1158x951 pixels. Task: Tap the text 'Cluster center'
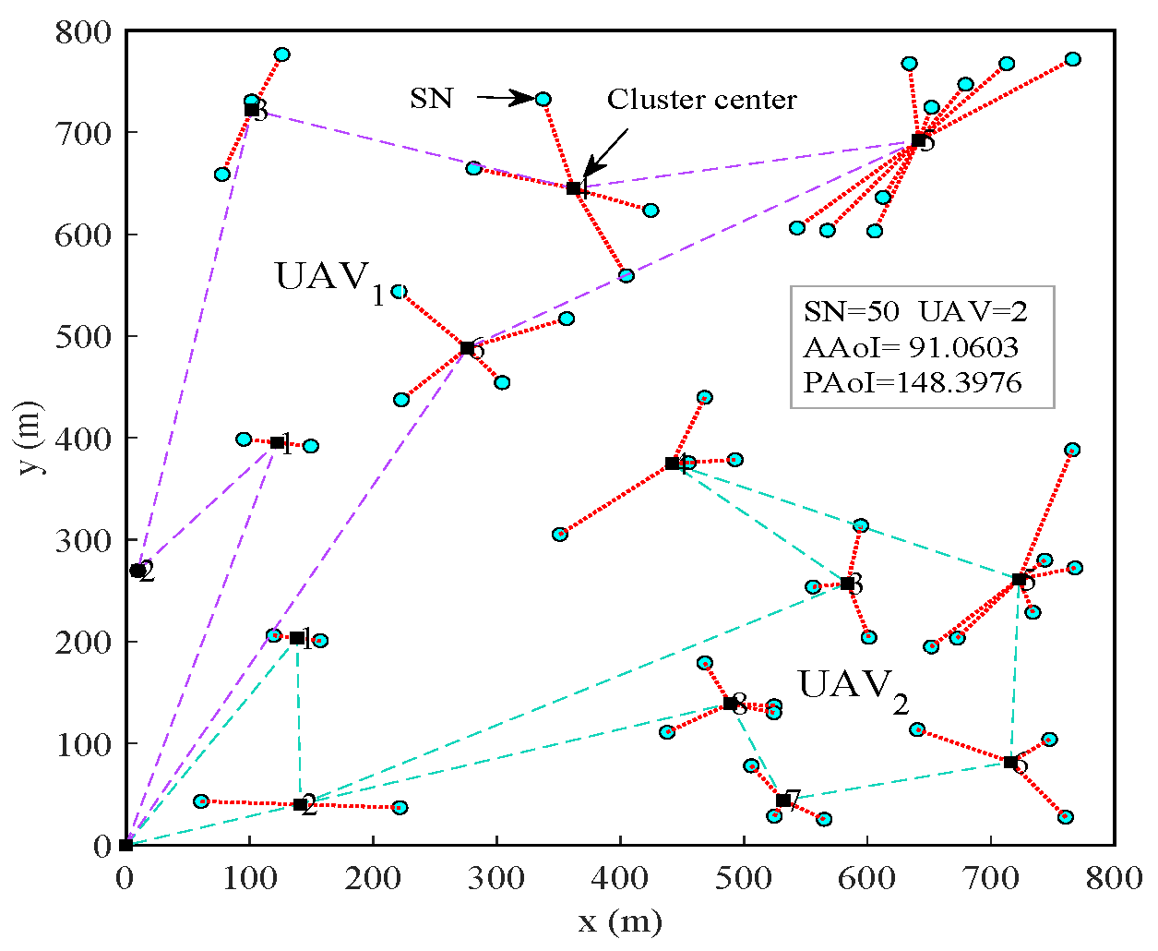[701, 100]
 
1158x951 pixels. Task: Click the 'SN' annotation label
[432, 99]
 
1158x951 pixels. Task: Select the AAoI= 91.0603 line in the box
[911, 347]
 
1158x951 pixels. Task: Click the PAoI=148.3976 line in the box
[913, 382]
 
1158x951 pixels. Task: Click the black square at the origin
[126, 845]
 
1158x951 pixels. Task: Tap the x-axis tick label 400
[620, 877]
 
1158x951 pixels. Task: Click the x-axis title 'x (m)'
[620, 921]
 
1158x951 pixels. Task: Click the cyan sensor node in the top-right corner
[1072, 59]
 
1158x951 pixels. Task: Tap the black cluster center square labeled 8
[730, 704]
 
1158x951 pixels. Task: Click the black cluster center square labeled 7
[783, 801]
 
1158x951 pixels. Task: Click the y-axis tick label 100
[84, 744]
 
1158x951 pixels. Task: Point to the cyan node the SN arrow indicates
[543, 99]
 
